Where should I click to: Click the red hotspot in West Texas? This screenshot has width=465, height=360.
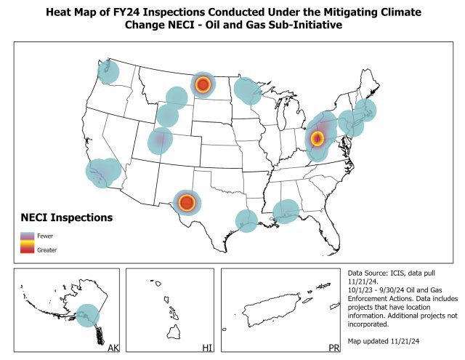187,203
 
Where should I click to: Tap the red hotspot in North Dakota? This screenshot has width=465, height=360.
203,85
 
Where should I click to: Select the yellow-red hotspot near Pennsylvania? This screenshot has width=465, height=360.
317,137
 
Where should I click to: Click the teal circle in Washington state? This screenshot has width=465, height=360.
108,71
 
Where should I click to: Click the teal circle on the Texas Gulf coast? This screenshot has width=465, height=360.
246,220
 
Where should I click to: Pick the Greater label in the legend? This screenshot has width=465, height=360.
48,249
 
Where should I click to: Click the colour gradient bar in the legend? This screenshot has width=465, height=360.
28,242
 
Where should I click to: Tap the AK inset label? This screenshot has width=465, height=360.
113,349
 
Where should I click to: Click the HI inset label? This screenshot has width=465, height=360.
206,349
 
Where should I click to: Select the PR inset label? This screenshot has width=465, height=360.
333,349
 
